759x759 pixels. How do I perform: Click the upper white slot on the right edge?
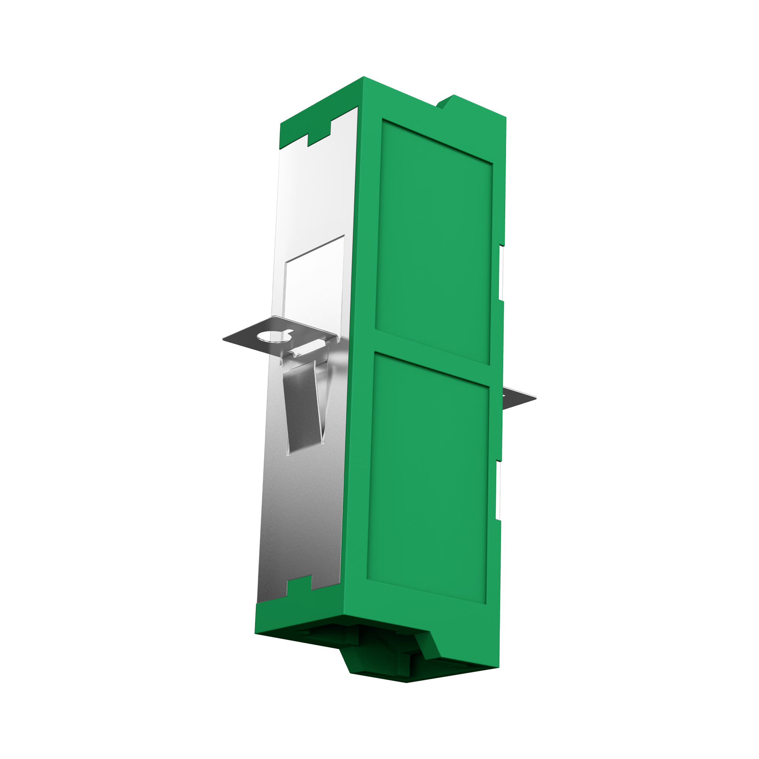[501, 273]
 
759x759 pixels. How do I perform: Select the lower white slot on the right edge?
[498, 490]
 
